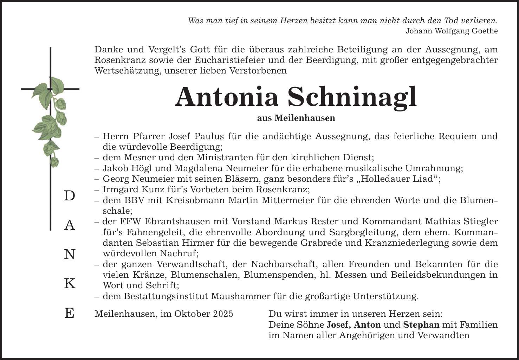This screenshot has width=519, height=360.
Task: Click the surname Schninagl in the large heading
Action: [352, 97]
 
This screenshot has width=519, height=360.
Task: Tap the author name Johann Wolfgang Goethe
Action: [452, 31]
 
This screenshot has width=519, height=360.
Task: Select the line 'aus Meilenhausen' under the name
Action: [296, 118]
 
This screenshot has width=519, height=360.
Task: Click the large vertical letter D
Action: [70, 196]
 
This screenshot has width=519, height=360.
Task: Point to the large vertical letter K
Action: [70, 284]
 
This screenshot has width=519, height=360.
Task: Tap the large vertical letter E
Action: [70, 313]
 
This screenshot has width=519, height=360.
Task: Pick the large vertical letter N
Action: [70, 255]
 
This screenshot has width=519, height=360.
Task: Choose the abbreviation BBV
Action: [134, 200]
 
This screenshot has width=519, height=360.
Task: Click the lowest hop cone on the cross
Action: [55, 162]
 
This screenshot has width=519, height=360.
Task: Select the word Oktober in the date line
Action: [191, 314]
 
